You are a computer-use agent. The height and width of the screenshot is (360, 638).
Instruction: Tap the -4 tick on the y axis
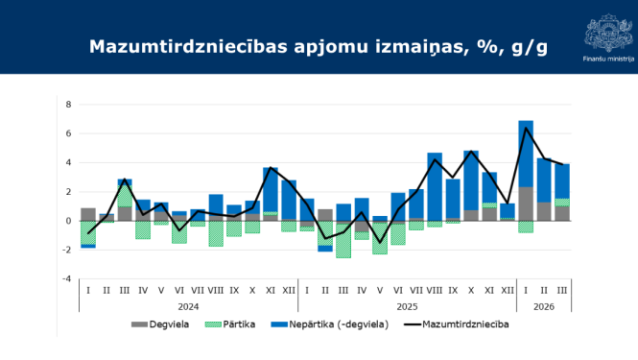pos(67,279)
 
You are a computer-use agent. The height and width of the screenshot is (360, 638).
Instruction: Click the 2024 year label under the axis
pos(188,306)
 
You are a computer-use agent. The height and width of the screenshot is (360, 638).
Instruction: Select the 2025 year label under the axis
pos(407,306)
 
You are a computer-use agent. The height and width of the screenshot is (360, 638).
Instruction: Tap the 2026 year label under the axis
pos(543,306)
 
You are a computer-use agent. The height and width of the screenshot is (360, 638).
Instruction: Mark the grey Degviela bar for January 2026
pos(526,204)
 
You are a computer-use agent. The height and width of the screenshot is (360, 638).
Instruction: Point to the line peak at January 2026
pos(526,128)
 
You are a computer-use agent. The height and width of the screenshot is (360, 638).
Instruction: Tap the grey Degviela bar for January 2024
pos(88,214)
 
